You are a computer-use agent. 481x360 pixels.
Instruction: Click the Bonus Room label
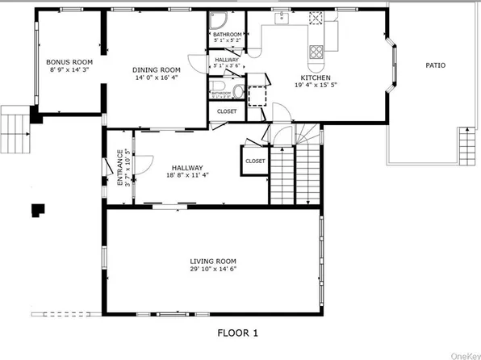(69, 62)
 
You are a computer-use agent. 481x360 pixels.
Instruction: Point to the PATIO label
(437, 65)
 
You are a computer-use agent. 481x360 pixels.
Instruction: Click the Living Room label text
(213, 261)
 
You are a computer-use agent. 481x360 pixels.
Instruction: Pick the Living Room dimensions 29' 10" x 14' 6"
(213, 270)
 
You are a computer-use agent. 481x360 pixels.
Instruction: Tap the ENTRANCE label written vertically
(120, 168)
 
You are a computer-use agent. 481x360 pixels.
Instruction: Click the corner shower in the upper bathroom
(217, 23)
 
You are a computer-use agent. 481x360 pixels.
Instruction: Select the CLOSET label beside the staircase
(255, 161)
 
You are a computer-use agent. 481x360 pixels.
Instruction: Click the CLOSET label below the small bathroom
(227, 111)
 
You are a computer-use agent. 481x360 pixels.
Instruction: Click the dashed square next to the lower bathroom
(257, 94)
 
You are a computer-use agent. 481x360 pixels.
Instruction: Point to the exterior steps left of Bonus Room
(15, 123)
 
